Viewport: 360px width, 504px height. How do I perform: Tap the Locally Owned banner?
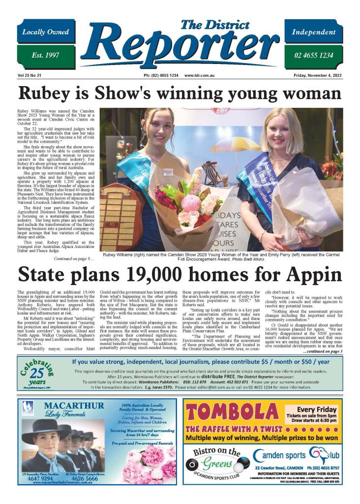tap(45, 32)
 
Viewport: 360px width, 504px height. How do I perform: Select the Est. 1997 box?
tap(45, 55)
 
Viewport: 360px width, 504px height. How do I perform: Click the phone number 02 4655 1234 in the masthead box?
tap(313, 55)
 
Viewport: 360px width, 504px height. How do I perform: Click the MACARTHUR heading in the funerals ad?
tap(74, 406)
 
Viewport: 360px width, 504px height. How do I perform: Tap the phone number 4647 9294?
tap(40, 477)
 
